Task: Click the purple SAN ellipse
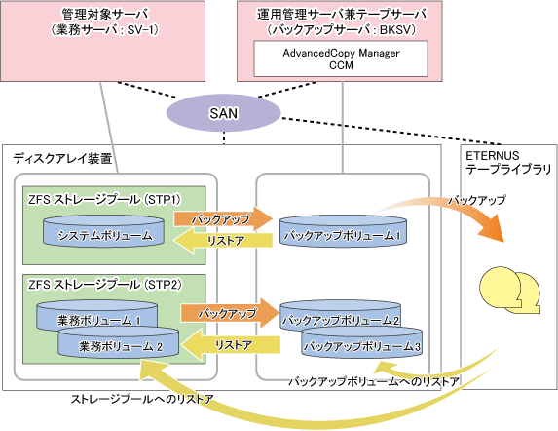click(223, 113)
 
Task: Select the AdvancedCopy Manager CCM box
click(341, 59)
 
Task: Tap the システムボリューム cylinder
click(103, 231)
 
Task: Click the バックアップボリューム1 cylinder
click(343, 231)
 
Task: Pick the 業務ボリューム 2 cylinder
click(119, 342)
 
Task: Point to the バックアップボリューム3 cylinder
click(362, 342)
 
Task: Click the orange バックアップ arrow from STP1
click(223, 218)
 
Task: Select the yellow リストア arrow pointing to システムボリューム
click(223, 241)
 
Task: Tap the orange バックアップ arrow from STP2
click(230, 313)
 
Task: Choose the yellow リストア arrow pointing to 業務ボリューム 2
click(230, 345)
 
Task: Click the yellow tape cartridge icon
click(509, 290)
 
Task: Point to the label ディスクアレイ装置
click(62, 159)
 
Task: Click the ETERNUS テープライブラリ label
click(508, 162)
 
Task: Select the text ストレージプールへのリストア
click(142, 399)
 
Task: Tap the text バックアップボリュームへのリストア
click(374, 382)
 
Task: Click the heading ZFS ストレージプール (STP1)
click(104, 200)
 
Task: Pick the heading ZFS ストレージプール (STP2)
click(105, 285)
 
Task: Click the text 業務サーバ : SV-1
click(104, 30)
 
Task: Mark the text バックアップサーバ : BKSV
click(341, 30)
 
